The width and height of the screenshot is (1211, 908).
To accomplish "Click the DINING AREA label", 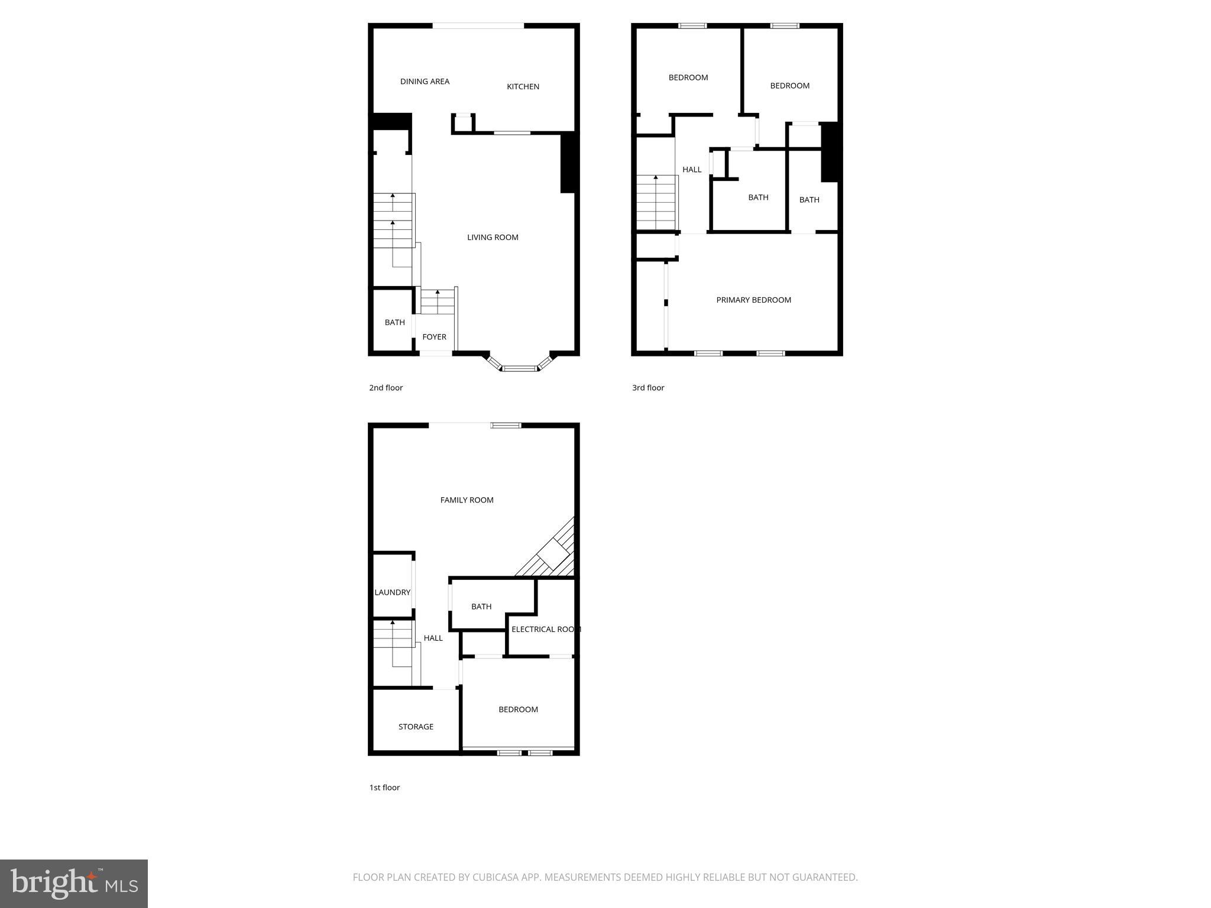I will pyautogui.click(x=425, y=82).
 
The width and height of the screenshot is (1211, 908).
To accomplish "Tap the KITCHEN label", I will pyautogui.click(x=523, y=86).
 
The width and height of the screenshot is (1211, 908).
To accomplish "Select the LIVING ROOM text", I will pyautogui.click(x=493, y=237).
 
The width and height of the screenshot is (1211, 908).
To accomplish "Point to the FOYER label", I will pyautogui.click(x=434, y=337).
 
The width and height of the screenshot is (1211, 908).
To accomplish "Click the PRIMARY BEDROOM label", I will pyautogui.click(x=753, y=300).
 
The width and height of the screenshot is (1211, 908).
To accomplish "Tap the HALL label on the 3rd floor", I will pyautogui.click(x=692, y=170).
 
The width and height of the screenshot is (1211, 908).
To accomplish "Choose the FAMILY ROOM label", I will pyautogui.click(x=467, y=500).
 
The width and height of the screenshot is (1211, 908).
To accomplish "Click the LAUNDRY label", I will pyautogui.click(x=392, y=592).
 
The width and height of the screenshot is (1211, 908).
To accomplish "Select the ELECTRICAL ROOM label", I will pyautogui.click(x=545, y=629).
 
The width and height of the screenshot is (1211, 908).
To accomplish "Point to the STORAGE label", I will pyautogui.click(x=416, y=727).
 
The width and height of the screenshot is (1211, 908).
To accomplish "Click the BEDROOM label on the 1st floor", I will pyautogui.click(x=518, y=709).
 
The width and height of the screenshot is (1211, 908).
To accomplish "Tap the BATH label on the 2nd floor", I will pyautogui.click(x=394, y=322).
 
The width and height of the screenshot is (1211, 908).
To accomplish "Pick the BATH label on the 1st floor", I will pyautogui.click(x=481, y=607).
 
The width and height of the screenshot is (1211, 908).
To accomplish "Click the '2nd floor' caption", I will pyautogui.click(x=386, y=388).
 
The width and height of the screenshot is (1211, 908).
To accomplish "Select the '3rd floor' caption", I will pyautogui.click(x=648, y=388).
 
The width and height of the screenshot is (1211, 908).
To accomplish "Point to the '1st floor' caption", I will pyautogui.click(x=384, y=787).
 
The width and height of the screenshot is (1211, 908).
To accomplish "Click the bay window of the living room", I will pyautogui.click(x=520, y=367).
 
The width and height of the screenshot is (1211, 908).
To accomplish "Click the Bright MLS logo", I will pyautogui.click(x=74, y=884).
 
